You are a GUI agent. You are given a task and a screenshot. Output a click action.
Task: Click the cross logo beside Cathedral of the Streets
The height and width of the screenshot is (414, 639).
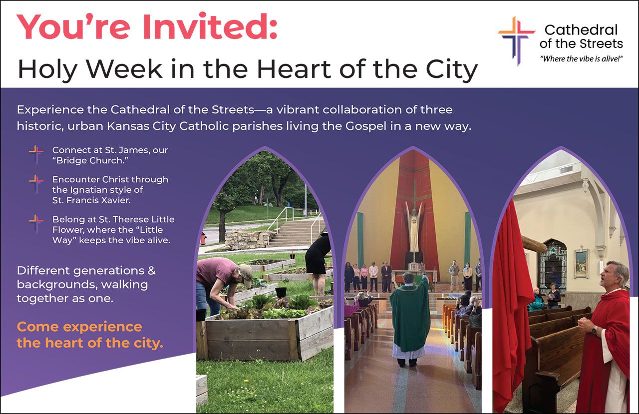[516, 40]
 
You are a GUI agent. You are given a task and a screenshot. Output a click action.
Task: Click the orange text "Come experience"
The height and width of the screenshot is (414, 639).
[79, 327]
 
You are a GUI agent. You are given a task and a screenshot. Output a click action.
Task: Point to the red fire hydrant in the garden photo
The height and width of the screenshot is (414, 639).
[203, 238]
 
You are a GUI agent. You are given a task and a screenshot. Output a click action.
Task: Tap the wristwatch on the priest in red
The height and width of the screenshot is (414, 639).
[595, 330]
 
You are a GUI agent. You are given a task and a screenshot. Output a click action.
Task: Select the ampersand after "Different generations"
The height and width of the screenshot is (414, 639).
[150, 271]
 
